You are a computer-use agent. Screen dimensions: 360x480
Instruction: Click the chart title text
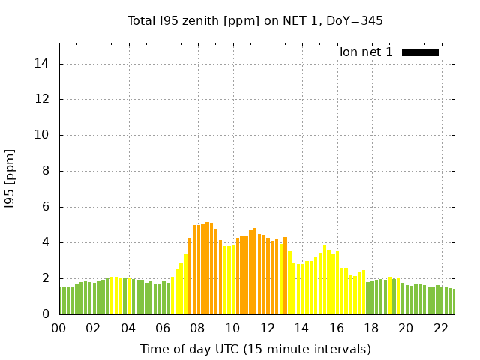pyautogui.click(x=255, y=20)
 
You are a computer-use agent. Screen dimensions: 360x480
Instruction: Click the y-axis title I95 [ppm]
pyautogui.click(x=10, y=179)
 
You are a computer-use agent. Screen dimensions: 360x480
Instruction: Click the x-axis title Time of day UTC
pyautogui.click(x=255, y=349)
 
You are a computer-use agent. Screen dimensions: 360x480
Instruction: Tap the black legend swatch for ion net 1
pyautogui.click(x=420, y=52)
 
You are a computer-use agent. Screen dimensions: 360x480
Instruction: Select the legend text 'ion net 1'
pyautogui.click(x=366, y=52)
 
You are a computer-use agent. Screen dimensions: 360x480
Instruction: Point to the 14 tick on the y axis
pyautogui.click(x=42, y=64)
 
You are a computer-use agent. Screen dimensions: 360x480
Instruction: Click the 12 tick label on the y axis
pyautogui.click(x=42, y=99)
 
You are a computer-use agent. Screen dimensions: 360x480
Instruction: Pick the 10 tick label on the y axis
pyautogui.click(x=42, y=135)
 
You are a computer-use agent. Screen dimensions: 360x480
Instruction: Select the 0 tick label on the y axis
pyautogui.click(x=45, y=314)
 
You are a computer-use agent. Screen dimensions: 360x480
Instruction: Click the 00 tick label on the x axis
pyautogui.click(x=58, y=328)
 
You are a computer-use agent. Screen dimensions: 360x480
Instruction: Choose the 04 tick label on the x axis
pyautogui.click(x=128, y=328)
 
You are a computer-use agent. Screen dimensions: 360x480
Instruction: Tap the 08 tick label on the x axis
pyautogui.click(x=197, y=328)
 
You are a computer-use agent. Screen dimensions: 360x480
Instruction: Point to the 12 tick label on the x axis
pyautogui.click(x=267, y=328)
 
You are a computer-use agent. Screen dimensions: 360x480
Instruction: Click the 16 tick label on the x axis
pyautogui.click(x=336, y=328)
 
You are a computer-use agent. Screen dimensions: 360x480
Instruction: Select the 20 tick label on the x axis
pyautogui.click(x=406, y=328)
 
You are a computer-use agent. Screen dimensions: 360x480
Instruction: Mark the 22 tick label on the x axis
pyautogui.click(x=440, y=328)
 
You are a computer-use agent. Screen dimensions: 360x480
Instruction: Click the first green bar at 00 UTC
pyautogui.click(x=61, y=301)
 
